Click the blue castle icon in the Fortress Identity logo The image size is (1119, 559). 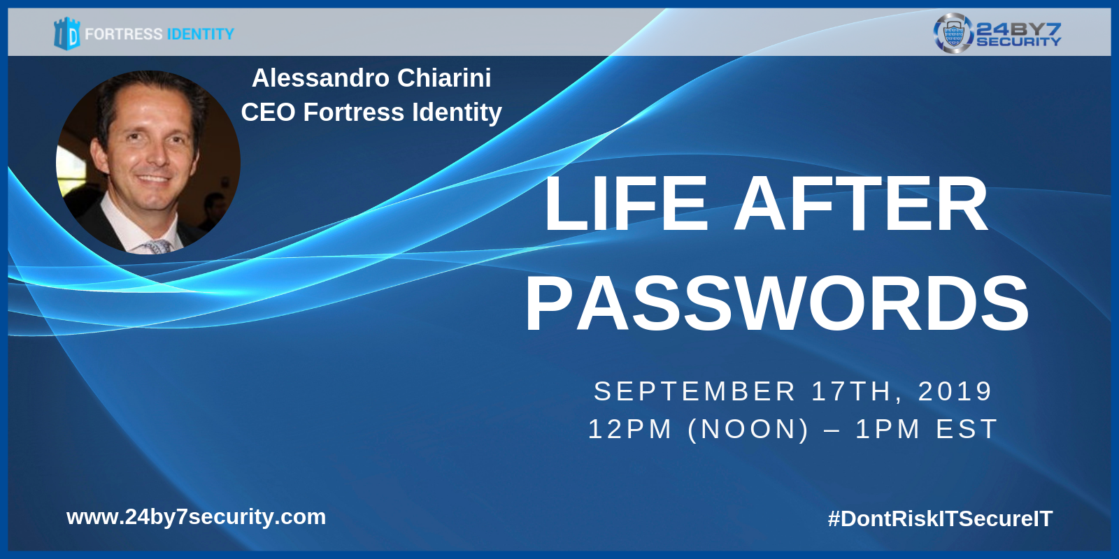(x=67, y=34)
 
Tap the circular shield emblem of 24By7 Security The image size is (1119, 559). (x=953, y=33)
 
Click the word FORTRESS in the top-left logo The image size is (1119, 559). (x=124, y=34)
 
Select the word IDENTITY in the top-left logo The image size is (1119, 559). (x=201, y=34)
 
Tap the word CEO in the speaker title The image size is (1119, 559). (x=269, y=112)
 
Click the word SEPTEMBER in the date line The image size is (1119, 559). (x=694, y=391)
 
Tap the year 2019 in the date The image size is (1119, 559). (x=955, y=391)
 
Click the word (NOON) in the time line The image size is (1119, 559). (x=748, y=429)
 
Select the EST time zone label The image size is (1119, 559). (x=967, y=429)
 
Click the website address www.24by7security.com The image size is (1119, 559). (x=196, y=517)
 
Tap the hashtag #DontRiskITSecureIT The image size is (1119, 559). (x=940, y=518)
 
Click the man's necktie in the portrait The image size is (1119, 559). (x=159, y=247)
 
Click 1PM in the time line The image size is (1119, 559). (x=888, y=429)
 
